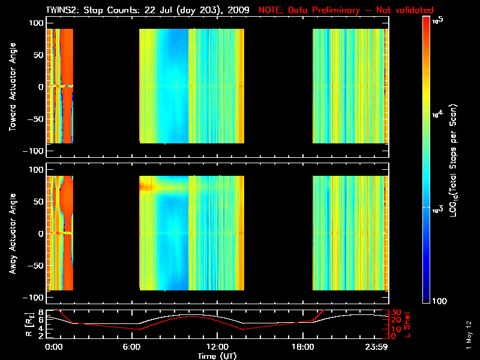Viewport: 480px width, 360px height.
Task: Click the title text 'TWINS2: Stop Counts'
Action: tap(89, 10)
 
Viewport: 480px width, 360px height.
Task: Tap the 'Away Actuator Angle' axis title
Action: tap(11, 233)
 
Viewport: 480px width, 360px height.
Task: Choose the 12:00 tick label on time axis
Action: tap(218, 347)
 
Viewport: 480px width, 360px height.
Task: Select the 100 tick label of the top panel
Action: tap(37, 22)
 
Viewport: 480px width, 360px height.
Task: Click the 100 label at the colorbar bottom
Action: tap(440, 300)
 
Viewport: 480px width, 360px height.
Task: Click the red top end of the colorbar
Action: tap(427, 20)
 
